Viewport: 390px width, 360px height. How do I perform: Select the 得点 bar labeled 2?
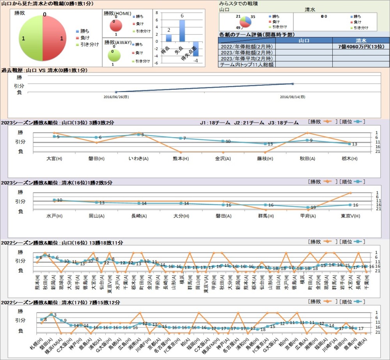click(169, 38)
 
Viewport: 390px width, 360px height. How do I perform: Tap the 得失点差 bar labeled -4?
click(195, 48)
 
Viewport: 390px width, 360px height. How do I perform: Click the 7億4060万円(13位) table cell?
click(360, 46)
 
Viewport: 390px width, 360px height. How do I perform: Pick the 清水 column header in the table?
click(360, 40)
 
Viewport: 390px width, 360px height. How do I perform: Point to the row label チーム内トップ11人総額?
click(246, 64)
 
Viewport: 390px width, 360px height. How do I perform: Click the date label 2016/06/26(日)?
click(116, 97)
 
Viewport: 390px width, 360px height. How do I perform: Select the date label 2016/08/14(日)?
click(292, 97)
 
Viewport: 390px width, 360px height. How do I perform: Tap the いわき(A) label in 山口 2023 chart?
click(138, 159)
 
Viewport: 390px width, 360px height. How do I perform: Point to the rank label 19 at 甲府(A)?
click(313, 208)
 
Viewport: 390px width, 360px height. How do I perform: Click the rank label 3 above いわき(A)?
click(142, 135)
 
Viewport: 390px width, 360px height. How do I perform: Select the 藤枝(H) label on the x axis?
click(265, 159)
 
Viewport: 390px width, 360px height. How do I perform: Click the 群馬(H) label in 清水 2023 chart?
click(265, 216)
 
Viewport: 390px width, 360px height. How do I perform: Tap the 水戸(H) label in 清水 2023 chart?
click(54, 216)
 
